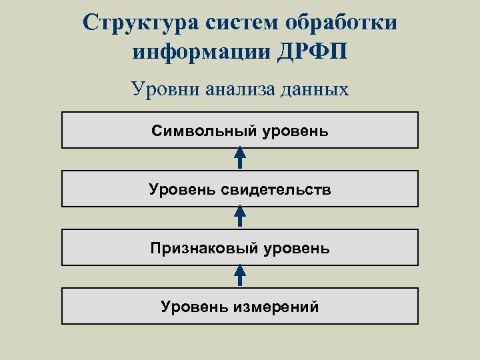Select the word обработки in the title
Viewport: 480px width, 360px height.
(x=341, y=21)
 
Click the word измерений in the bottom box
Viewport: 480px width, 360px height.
(x=275, y=307)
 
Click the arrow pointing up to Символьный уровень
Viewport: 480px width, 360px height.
(x=240, y=159)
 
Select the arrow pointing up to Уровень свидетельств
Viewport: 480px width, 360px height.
(x=240, y=217)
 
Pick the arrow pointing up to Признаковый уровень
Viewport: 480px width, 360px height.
(x=240, y=276)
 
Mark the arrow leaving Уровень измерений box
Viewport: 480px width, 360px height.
(x=240, y=276)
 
